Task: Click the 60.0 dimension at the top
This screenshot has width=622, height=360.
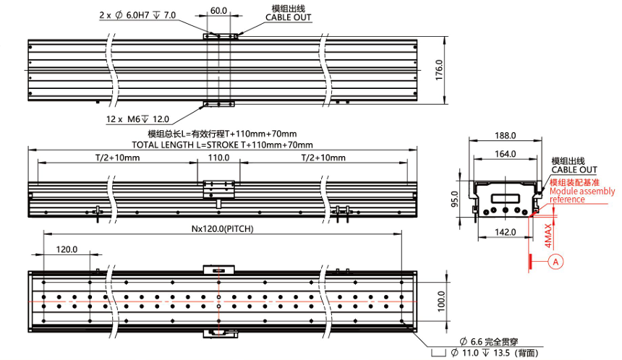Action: [x=219, y=11]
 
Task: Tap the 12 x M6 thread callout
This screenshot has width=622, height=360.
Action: [x=138, y=119]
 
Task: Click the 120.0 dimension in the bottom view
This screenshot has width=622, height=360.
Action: [x=67, y=249]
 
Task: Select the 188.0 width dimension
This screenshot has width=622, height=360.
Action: [x=505, y=135]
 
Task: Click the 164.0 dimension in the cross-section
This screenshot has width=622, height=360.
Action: [x=505, y=153]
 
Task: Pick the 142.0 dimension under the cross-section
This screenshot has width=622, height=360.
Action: [x=505, y=232]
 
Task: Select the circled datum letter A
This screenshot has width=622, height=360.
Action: [x=555, y=261]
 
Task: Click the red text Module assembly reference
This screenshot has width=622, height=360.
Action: [x=582, y=195]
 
